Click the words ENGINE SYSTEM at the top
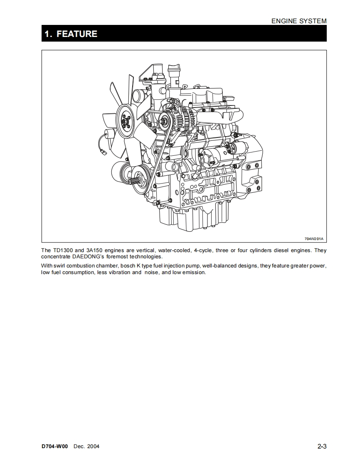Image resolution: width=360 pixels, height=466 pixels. point(299,21)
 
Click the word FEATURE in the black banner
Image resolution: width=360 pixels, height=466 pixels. point(77,34)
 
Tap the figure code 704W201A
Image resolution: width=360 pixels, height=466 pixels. point(313,239)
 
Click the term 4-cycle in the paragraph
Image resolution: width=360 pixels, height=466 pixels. point(203,250)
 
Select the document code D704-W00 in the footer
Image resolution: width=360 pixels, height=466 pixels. point(55,446)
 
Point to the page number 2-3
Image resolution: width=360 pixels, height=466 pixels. point(322,446)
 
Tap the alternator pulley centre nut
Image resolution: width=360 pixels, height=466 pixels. point(164,121)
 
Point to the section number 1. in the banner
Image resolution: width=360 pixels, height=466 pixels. point(48,34)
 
